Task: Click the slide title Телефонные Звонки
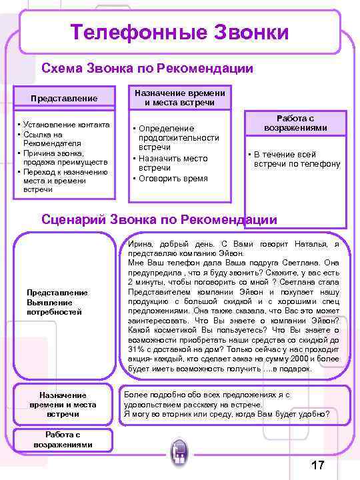tap(180, 32)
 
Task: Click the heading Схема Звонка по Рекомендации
tap(147, 68)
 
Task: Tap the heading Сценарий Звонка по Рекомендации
tap(159, 219)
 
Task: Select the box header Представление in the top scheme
tap(64, 98)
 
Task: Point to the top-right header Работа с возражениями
tap(295, 122)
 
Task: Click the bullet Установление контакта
tap(61, 124)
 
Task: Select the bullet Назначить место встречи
tap(172, 163)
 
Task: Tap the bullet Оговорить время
tap(173, 179)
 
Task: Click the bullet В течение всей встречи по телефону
tap(297, 159)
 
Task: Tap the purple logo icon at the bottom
tap(179, 455)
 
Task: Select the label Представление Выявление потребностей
tap(56, 302)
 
